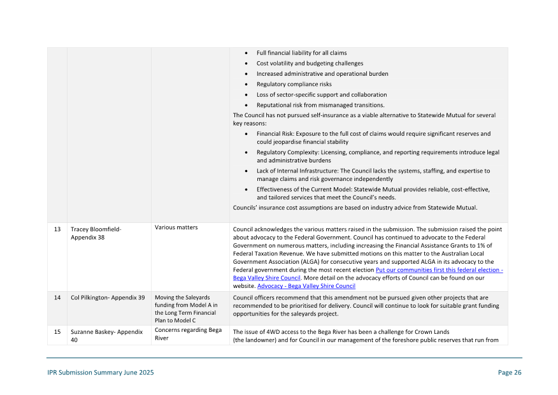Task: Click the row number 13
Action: [57, 229]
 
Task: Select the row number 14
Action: [57, 298]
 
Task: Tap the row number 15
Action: [57, 332]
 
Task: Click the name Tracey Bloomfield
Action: [96, 229]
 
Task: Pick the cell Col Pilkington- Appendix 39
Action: [108, 298]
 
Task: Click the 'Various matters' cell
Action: [176, 227]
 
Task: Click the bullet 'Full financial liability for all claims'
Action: [301, 53]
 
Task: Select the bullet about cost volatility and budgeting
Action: [310, 63]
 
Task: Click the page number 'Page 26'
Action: [509, 373]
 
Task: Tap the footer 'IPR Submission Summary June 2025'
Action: [100, 373]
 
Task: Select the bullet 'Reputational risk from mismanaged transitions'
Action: [320, 105]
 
